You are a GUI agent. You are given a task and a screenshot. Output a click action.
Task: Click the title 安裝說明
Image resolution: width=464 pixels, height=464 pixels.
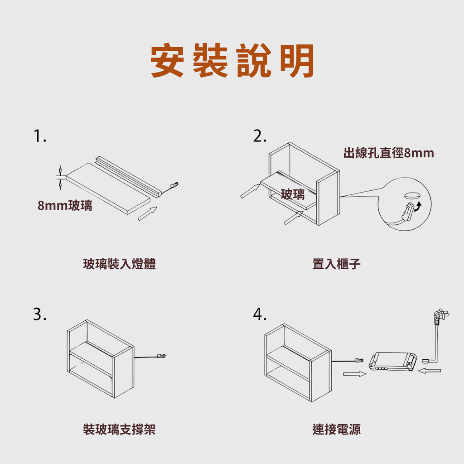(232, 60)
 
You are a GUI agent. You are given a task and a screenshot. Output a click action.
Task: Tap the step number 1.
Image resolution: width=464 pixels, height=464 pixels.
(40, 136)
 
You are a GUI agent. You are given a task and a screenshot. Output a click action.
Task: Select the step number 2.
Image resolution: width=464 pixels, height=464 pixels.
(260, 136)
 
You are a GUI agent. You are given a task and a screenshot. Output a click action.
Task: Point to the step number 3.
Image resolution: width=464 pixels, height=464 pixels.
(40, 314)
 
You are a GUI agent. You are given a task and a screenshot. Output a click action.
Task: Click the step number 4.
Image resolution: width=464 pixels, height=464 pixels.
(260, 314)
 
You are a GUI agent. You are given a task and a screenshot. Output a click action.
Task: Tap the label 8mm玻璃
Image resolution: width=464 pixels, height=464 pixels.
(65, 205)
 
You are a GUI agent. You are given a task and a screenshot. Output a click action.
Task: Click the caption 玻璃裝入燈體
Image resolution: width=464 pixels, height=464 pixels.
(119, 264)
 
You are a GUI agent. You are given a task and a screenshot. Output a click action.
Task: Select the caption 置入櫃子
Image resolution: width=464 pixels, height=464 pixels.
(337, 264)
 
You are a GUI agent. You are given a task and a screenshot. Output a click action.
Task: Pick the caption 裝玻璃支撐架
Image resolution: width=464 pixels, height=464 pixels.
(119, 430)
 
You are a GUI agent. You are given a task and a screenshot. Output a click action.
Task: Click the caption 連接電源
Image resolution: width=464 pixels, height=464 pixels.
(337, 430)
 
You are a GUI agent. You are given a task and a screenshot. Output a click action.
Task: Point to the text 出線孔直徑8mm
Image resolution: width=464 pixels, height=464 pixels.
(388, 153)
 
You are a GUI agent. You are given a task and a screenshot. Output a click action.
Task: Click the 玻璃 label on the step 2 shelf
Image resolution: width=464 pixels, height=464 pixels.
(293, 194)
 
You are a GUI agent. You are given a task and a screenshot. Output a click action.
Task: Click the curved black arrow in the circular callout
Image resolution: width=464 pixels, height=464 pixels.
(418, 207)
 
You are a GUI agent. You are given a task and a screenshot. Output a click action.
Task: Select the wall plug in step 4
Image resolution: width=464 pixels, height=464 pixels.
(440, 316)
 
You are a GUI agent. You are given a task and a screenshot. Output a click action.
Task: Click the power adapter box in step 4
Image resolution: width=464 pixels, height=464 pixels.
(393, 361)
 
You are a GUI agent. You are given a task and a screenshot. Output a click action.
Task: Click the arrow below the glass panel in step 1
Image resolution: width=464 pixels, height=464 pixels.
(147, 213)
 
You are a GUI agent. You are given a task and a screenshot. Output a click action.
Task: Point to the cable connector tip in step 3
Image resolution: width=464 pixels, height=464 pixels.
(161, 356)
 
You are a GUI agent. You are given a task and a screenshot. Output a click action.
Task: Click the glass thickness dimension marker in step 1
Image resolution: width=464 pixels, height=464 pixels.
(60, 178)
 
